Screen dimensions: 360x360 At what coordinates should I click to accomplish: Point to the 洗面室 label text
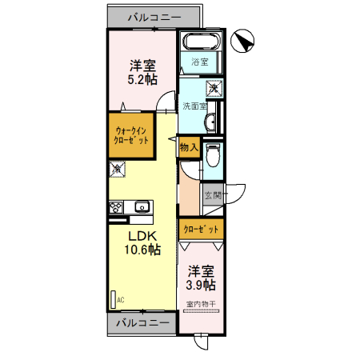(x=194, y=106)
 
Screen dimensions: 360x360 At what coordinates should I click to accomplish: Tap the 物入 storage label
(x=189, y=147)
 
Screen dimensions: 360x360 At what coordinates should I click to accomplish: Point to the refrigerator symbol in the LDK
(x=117, y=169)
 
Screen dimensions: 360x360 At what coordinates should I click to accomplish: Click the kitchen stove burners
(x=116, y=207)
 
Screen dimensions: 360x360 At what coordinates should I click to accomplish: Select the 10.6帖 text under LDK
(x=142, y=250)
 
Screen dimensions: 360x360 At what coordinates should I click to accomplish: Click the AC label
(x=121, y=299)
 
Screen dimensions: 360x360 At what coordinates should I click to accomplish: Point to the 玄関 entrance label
(x=213, y=194)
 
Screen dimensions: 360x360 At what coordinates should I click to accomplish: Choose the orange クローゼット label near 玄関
(x=201, y=229)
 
